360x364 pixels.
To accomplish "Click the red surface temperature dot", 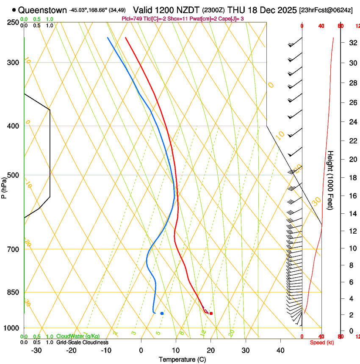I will (211, 313).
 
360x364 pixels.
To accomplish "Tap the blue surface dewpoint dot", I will (162, 313).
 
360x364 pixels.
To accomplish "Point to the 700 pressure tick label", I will (13, 249).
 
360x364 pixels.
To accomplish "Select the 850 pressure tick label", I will (13, 292).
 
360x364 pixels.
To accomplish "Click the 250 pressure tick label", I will (13, 22).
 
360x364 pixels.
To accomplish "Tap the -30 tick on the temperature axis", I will (36, 350).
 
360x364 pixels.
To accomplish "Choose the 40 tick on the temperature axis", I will (280, 350).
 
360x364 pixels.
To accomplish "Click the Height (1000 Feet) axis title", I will (330, 180).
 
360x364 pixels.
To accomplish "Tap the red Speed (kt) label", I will (322, 342).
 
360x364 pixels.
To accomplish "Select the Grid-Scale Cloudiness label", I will (82, 342).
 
